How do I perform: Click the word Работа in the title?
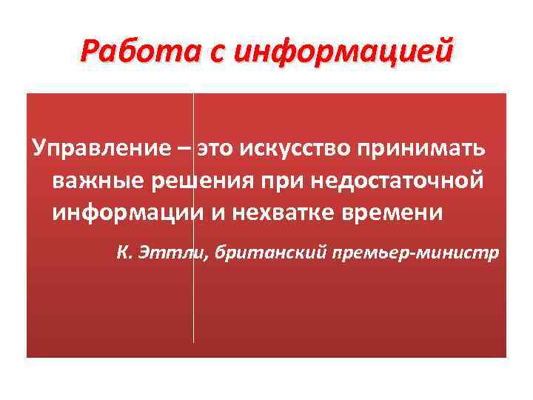123,53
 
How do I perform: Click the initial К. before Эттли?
124,254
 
